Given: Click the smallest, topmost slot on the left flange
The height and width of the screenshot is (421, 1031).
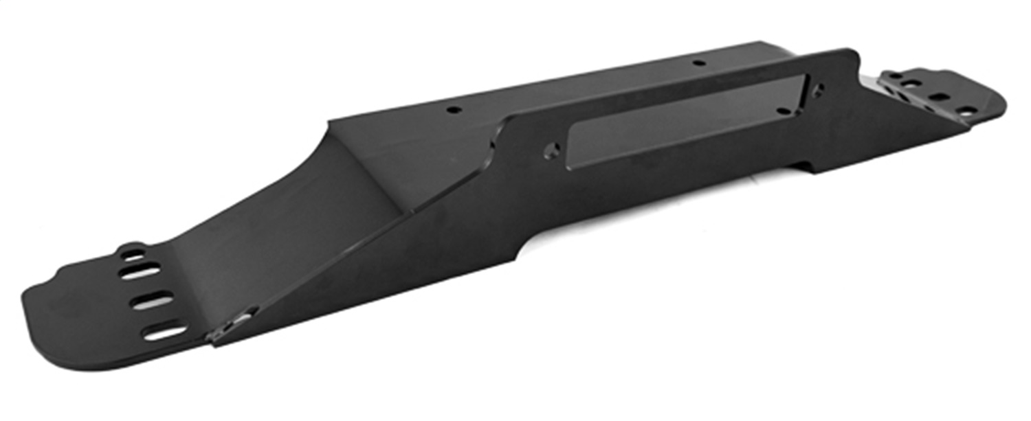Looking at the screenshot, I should tap(133, 253).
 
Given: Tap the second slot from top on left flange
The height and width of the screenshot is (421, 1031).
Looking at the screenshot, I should tap(140, 271).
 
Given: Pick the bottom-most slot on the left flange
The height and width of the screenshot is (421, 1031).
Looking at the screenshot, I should tap(164, 332).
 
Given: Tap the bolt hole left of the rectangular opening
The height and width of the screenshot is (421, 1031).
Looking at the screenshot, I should tap(551, 150).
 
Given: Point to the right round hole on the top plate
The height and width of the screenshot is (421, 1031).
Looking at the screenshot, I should tap(698, 63).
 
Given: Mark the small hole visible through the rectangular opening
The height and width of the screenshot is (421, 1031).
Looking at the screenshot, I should tap(782, 111).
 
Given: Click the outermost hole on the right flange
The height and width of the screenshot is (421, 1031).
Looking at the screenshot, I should tap(967, 110).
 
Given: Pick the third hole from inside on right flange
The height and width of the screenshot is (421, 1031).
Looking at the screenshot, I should tap(939, 97).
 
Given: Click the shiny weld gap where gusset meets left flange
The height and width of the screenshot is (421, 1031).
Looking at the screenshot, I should tap(234, 323).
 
